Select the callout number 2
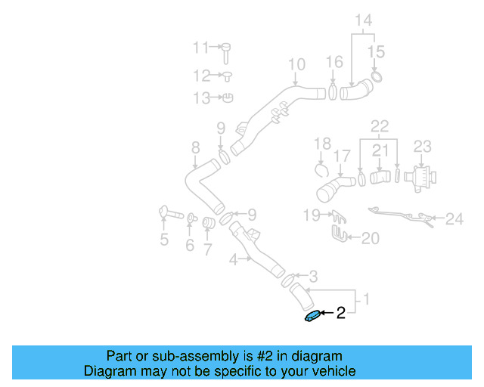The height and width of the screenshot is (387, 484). (341, 313)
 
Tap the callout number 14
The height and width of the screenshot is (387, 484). (364, 20)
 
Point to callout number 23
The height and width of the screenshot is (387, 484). (422, 145)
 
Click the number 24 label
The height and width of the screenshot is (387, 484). (454, 219)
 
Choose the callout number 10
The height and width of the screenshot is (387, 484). (296, 64)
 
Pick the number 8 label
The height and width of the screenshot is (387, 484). (195, 147)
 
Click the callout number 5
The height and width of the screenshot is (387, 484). (163, 240)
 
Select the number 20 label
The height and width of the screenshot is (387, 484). (370, 239)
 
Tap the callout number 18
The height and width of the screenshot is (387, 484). (322, 143)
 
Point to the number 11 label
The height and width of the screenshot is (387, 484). (200, 48)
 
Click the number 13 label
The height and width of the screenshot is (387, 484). (201, 98)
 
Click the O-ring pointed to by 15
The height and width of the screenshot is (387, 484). (377, 76)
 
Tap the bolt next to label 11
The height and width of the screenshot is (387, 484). (226, 52)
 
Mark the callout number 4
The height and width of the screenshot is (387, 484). (234, 260)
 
